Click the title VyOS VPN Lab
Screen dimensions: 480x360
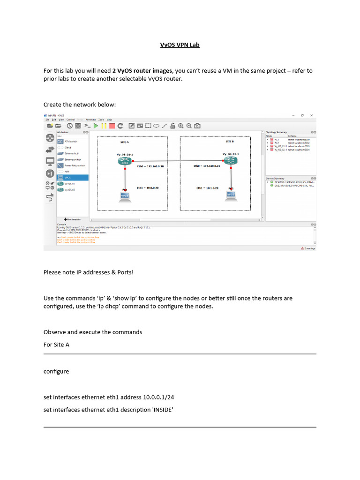coord(180,45)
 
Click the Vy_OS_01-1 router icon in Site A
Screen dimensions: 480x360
coord(125,161)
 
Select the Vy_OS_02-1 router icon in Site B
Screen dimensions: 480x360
coord(230,160)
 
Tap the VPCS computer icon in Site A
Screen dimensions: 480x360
coord(125,195)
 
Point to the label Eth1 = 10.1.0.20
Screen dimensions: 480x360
coord(207,187)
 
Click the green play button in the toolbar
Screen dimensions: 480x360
coord(96,126)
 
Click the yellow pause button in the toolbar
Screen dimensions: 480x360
coord(104,126)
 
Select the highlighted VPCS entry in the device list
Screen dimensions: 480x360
coord(72,178)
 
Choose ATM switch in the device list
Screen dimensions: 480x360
coord(70,141)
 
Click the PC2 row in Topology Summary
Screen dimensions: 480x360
coord(277,142)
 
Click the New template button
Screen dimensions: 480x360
coord(72,219)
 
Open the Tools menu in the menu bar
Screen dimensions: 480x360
coord(101,120)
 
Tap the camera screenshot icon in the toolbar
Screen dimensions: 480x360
coord(197,126)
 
